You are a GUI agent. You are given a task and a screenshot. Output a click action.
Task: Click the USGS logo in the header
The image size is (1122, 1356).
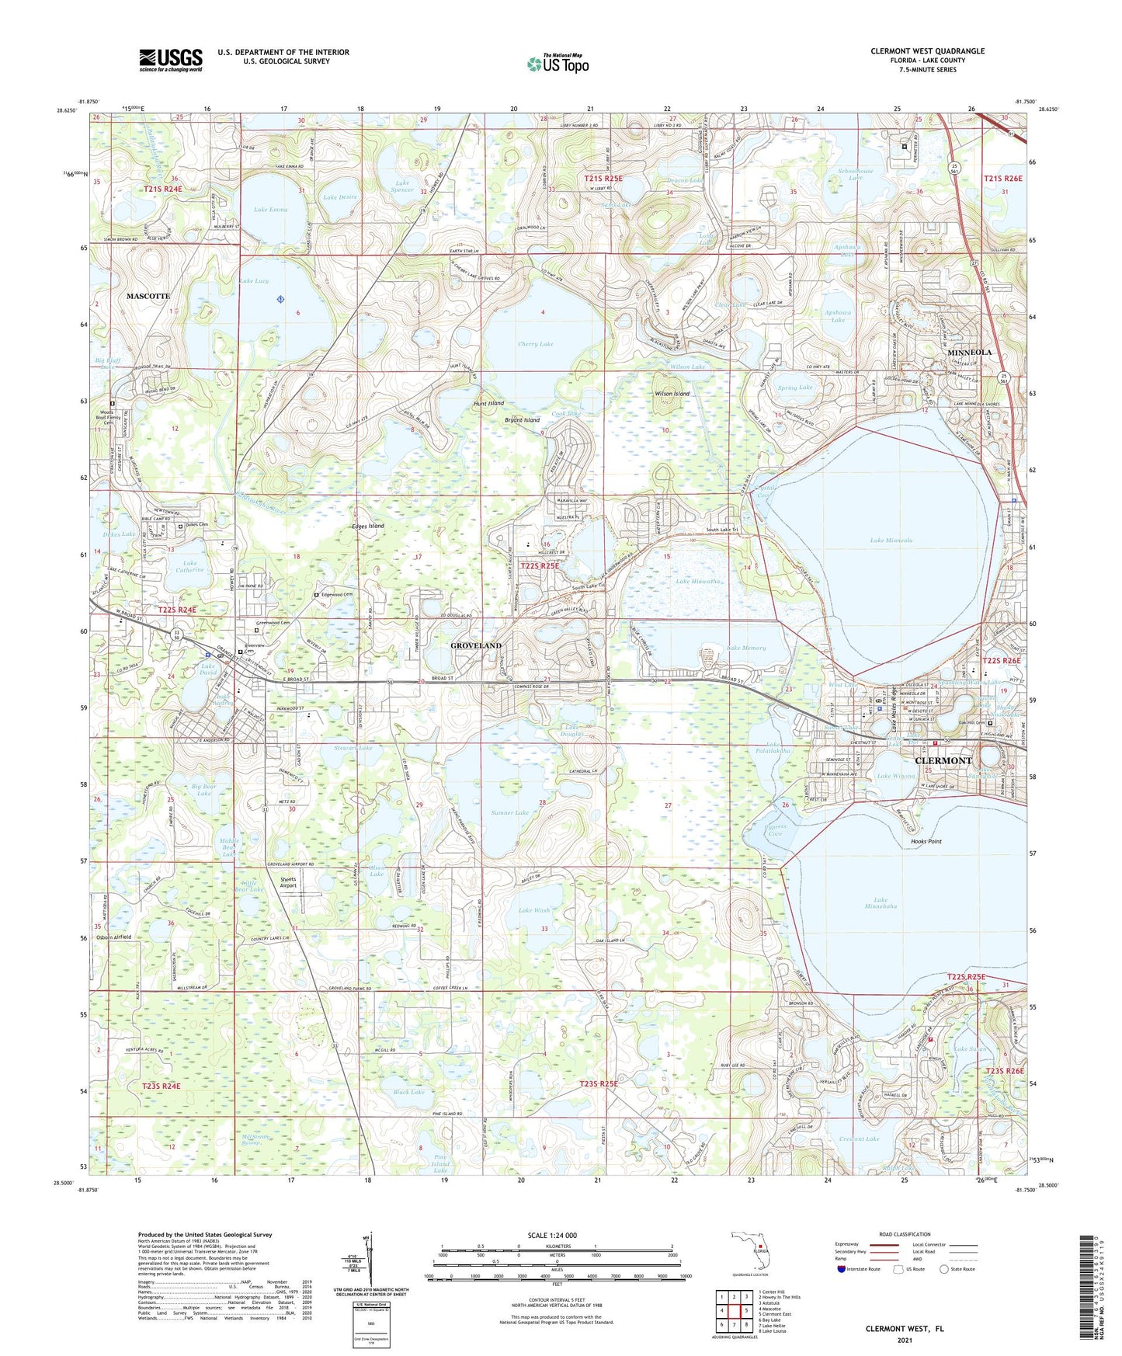171,60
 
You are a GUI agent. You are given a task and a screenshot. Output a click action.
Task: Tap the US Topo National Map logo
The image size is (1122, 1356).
558,63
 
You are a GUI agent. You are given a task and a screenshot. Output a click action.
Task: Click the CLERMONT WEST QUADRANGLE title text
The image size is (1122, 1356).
927,51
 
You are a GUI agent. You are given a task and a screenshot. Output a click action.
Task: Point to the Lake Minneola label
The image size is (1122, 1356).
891,540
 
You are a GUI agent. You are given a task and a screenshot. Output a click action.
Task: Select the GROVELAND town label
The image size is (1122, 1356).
476,645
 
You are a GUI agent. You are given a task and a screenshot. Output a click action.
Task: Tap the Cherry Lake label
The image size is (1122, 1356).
536,344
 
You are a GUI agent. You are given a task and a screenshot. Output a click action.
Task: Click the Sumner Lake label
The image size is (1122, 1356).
510,812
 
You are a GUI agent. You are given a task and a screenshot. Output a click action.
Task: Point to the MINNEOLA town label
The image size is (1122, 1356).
970,352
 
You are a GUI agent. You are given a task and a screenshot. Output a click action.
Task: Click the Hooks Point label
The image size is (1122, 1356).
922,841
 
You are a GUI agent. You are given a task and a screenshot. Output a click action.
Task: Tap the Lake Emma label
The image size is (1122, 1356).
270,210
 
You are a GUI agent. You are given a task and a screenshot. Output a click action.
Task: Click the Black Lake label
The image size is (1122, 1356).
408,1092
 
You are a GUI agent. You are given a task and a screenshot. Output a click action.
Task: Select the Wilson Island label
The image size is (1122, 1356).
672,394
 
